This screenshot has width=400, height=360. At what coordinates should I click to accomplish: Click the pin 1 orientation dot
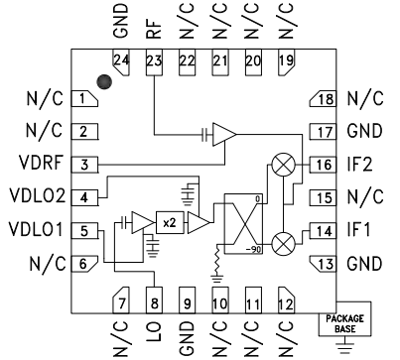pos(103,80)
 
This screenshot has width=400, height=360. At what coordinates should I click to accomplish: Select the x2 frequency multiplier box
pos(170,222)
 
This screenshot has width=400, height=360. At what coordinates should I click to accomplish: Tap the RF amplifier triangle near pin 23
pos(224,132)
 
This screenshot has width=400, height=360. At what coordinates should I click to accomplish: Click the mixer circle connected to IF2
pos(285,164)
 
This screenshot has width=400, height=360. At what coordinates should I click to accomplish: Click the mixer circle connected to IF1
pos(285,242)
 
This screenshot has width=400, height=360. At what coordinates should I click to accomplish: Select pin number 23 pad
pos(154,62)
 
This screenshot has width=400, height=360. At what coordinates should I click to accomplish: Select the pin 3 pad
pos(86,164)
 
